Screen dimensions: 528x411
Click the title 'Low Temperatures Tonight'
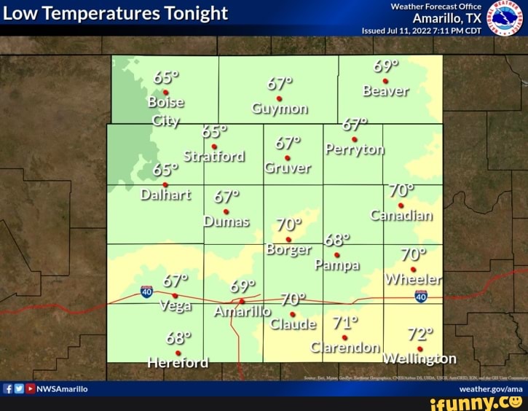(x=117, y=14)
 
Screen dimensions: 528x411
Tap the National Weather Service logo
(x=505, y=18)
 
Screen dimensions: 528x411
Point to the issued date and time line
(x=422, y=31)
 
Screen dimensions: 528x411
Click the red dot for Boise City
(x=166, y=93)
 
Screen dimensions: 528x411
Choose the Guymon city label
(x=280, y=109)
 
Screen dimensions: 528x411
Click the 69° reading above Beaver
(x=386, y=66)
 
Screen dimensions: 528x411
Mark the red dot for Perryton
(x=355, y=139)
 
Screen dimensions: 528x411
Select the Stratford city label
(x=214, y=156)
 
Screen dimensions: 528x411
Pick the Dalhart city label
(x=165, y=195)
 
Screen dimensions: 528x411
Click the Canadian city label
(x=401, y=216)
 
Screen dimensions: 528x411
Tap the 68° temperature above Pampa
(x=337, y=240)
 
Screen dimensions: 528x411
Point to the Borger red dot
(x=288, y=239)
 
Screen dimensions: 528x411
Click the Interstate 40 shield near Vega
(x=147, y=291)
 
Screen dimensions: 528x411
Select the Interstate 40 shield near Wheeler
(x=421, y=296)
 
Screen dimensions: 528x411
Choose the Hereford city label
(x=178, y=362)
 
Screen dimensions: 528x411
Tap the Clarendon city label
(x=345, y=347)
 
